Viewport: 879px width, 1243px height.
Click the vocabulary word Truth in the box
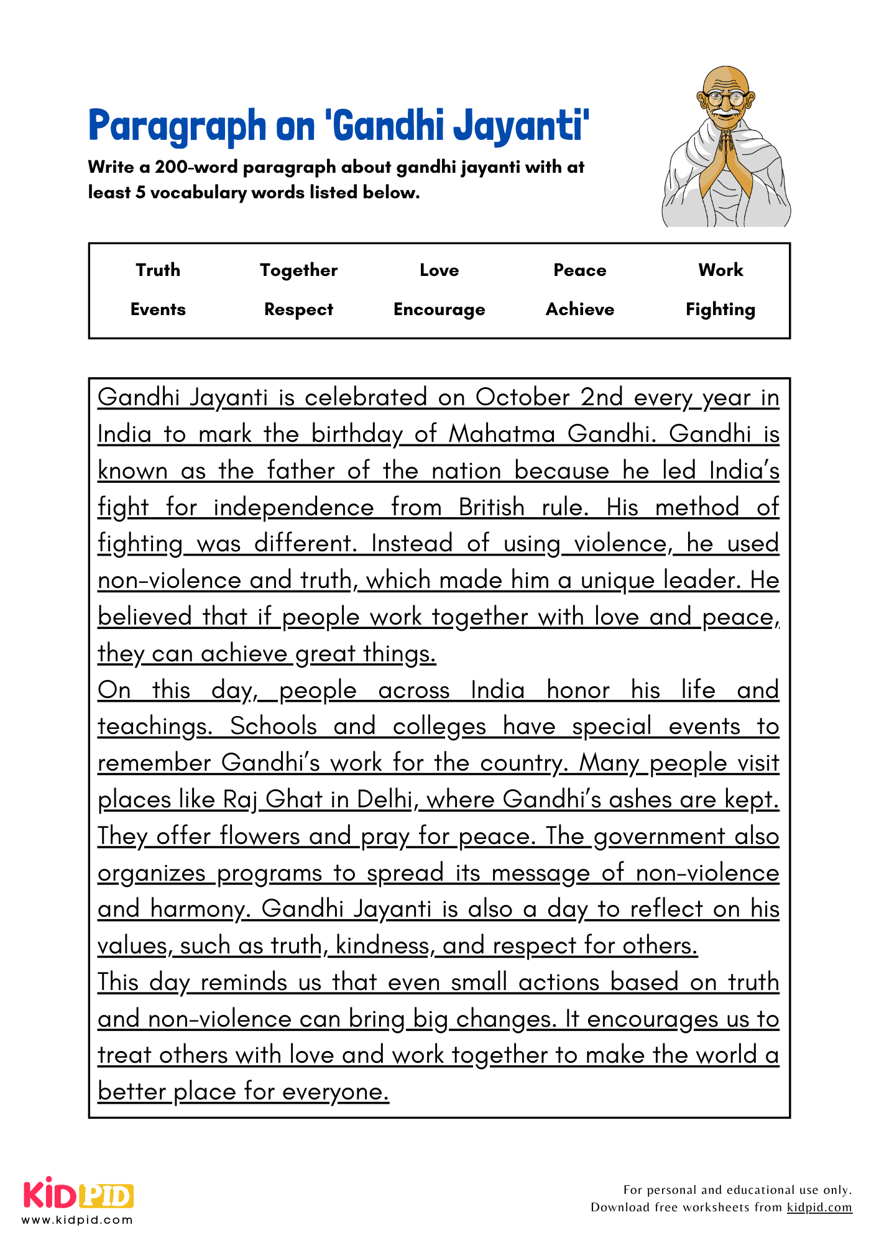pos(158,270)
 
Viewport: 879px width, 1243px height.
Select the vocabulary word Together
pos(298,270)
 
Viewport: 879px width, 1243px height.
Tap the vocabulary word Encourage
pos(439,310)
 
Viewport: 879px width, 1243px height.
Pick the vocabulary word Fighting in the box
pos(720,310)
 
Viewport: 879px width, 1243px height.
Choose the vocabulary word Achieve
pos(579,310)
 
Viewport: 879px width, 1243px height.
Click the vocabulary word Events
pos(158,310)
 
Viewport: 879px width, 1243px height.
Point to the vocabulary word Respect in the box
pos(298,310)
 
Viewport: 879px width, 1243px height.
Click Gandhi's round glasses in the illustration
pos(726,98)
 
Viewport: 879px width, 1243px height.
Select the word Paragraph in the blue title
pos(177,127)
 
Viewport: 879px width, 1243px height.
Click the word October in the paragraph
pos(522,398)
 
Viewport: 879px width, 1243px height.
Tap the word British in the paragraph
pos(491,508)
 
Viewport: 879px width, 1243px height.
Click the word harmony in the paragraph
pos(200,910)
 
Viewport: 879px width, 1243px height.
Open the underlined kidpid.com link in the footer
pos(819,1208)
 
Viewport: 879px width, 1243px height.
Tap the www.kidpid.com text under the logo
pos(77,1220)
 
